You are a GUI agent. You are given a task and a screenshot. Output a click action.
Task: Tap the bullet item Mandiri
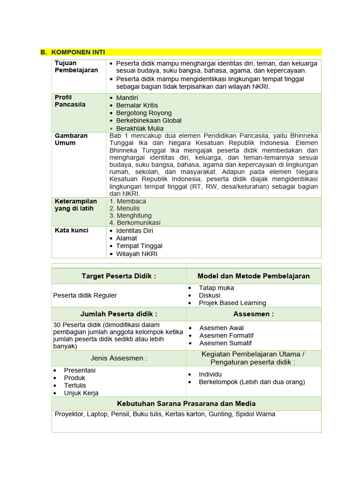click(x=128, y=98)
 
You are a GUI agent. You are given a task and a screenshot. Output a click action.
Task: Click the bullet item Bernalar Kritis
click(x=137, y=105)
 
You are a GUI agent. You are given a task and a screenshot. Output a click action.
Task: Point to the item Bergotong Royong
click(x=143, y=113)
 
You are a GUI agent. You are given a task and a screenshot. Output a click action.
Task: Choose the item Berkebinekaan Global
click(x=149, y=120)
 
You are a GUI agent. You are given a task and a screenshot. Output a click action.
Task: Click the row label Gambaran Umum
click(x=71, y=139)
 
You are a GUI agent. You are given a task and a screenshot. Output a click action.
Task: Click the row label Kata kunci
click(x=71, y=231)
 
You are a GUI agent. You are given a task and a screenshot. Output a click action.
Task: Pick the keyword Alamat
click(x=127, y=238)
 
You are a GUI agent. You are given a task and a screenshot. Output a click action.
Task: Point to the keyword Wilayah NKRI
click(x=137, y=254)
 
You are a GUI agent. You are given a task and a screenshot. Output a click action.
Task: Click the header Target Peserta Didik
click(x=119, y=276)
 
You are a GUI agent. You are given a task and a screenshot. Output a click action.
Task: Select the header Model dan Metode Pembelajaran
click(x=254, y=276)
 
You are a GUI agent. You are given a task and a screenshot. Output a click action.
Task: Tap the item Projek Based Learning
click(x=232, y=303)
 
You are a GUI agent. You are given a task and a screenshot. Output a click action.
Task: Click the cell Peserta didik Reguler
click(x=85, y=295)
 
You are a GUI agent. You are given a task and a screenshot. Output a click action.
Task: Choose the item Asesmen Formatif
click(x=226, y=336)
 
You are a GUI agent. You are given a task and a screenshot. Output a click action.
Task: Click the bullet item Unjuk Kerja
click(x=81, y=393)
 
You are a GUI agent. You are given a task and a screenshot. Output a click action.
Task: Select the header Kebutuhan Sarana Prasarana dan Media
click(x=186, y=404)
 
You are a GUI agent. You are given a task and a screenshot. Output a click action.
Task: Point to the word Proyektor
click(x=69, y=414)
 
